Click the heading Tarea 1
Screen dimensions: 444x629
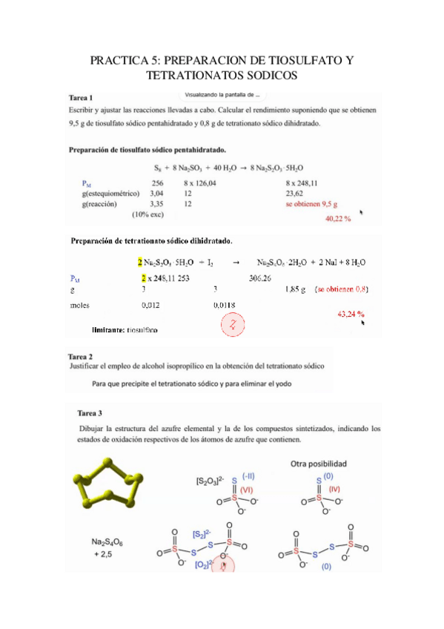81,98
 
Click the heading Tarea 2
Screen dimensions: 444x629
81,357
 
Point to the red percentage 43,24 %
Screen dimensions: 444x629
351,314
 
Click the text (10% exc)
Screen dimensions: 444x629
148,214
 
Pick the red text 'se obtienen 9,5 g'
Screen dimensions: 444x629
311,202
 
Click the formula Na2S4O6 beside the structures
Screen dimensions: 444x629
100,543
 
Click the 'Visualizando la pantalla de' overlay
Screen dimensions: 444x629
222,95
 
